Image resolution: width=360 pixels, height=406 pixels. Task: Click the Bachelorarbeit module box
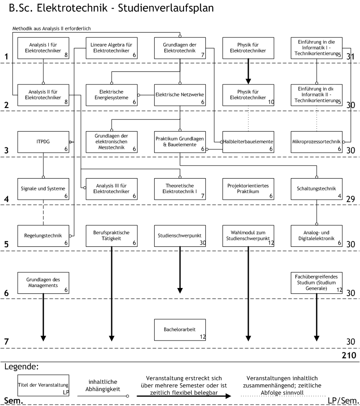point(180,330)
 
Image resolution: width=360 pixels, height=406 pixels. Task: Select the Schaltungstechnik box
point(317,189)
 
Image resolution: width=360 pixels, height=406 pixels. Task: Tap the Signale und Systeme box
point(43,189)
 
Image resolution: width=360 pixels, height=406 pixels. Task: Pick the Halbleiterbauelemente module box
point(248,142)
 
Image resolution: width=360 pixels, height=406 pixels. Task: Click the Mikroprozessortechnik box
point(317,142)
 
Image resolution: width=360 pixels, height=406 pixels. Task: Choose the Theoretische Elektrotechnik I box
point(180,189)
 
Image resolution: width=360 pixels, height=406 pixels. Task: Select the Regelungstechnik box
point(43,236)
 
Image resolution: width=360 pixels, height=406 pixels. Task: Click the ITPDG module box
point(43,142)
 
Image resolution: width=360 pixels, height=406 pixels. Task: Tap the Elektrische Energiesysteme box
point(112,95)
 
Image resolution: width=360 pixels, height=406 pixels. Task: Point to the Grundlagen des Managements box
point(43,283)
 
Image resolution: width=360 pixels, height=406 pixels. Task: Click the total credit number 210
point(349,355)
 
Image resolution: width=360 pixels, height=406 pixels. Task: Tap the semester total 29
point(351,199)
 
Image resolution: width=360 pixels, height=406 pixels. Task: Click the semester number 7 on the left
point(7,342)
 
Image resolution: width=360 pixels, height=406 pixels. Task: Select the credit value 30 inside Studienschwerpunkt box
point(203,243)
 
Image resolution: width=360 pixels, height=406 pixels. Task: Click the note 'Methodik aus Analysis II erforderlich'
point(52,28)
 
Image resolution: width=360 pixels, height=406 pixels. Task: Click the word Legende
point(21,367)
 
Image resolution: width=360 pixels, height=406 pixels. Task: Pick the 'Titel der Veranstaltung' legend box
point(43,385)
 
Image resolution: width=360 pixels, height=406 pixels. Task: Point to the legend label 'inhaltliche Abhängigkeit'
point(103,385)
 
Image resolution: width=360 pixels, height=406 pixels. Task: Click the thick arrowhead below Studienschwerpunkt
point(180,291)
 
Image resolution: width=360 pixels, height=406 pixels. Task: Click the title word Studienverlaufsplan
point(166,8)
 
